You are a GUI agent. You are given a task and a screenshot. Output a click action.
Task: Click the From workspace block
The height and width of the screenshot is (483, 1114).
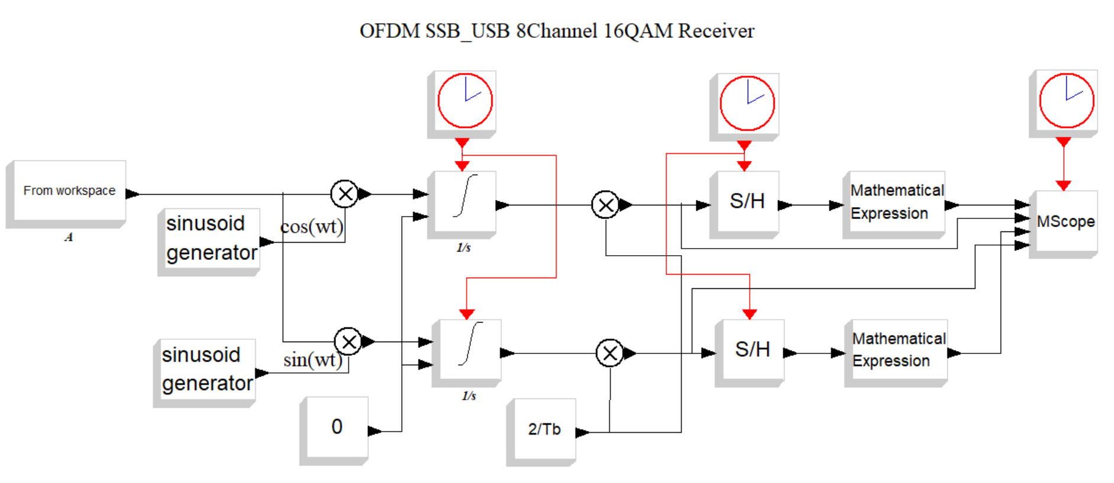pyautogui.click(x=69, y=191)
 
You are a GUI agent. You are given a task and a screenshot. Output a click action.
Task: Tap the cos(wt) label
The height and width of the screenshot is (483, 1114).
pyautogui.click(x=311, y=227)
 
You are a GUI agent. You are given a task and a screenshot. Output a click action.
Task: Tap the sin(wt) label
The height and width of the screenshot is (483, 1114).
pyautogui.click(x=312, y=360)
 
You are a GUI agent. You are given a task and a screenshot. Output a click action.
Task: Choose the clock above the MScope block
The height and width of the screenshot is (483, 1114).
pyautogui.click(x=1066, y=101)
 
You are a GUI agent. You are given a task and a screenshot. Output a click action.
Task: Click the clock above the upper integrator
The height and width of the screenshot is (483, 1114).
pyautogui.click(x=464, y=101)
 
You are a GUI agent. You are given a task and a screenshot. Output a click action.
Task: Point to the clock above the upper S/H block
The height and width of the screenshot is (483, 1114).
pyautogui.click(x=747, y=104)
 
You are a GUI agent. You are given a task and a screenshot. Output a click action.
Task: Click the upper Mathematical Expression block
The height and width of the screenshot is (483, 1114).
pyautogui.click(x=896, y=202)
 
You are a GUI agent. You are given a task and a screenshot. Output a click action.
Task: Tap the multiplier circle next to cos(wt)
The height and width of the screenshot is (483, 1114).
pyautogui.click(x=345, y=194)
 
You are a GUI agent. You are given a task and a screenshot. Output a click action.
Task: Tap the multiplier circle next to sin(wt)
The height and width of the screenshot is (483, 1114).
pyautogui.click(x=348, y=342)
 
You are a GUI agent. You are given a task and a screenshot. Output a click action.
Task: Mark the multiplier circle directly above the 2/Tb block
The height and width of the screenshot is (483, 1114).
pyautogui.click(x=609, y=353)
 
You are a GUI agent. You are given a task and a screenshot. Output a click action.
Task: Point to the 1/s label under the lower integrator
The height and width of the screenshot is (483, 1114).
pyautogui.click(x=469, y=395)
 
